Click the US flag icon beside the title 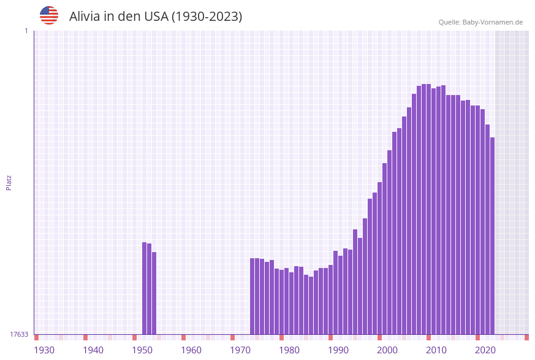click(x=49, y=15)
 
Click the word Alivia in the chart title click(x=85, y=17)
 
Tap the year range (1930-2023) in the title click(x=207, y=17)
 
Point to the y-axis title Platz click(x=9, y=182)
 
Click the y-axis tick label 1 click(x=26, y=31)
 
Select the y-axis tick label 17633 click(x=19, y=334)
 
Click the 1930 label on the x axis click(x=44, y=350)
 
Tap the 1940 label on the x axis click(x=93, y=350)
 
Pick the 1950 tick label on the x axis click(x=142, y=350)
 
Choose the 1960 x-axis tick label click(x=191, y=350)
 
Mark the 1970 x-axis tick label click(x=240, y=350)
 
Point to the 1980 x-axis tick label click(x=289, y=350)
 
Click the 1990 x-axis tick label click(x=338, y=350)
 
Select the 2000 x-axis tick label click(x=387, y=350)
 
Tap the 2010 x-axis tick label click(x=436, y=350)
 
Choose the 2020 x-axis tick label click(x=485, y=350)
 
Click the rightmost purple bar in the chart click(x=492, y=236)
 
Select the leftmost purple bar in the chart click(x=145, y=288)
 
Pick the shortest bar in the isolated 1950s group click(x=154, y=293)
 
